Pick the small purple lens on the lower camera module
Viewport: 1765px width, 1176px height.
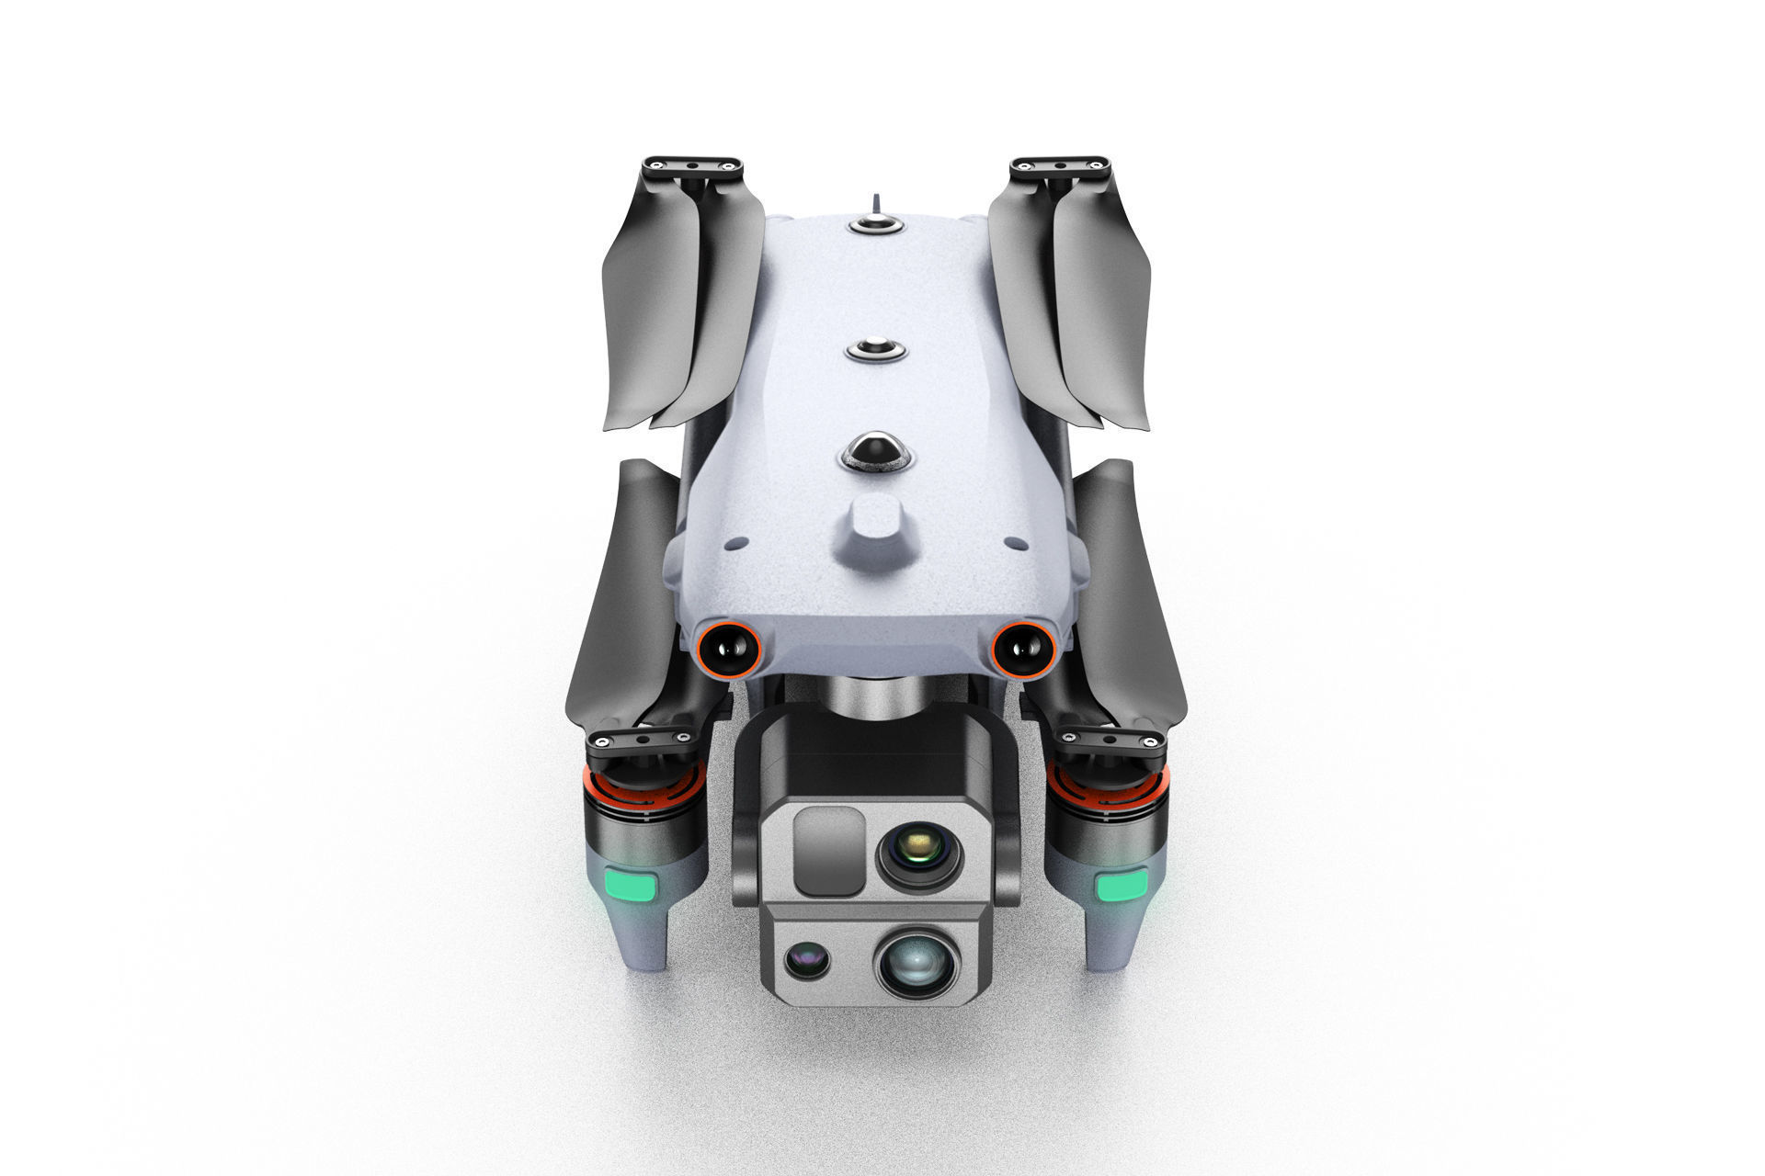pyautogui.click(x=807, y=961)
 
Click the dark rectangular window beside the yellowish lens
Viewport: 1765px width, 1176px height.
pyautogui.click(x=828, y=851)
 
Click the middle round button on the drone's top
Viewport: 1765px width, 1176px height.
pyautogui.click(x=876, y=349)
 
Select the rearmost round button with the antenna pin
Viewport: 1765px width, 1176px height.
pyautogui.click(x=875, y=224)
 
